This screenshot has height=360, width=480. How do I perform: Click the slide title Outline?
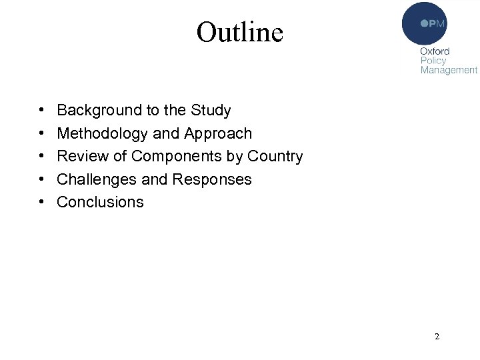239,31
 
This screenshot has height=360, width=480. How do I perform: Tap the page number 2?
437,337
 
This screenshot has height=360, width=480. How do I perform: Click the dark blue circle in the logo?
424,23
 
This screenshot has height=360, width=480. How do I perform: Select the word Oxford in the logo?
435,51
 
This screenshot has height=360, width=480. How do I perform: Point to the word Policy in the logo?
433,61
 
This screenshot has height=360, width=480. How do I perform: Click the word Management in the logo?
449,70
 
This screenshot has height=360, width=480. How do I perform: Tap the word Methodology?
103,134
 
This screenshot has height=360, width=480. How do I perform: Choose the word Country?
275,157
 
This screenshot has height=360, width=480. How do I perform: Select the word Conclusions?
100,202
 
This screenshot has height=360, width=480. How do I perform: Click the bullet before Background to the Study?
41,111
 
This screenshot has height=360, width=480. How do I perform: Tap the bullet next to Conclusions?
41,202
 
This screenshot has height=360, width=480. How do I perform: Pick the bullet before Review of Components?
41,157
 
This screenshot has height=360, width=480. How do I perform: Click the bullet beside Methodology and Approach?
41,134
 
